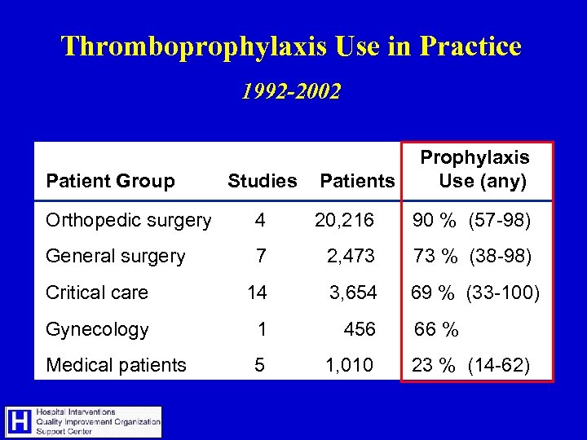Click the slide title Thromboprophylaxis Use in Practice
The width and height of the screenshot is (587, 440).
[x=291, y=46]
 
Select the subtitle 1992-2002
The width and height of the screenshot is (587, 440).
[x=291, y=91]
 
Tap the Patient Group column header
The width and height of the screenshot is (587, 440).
[x=110, y=181]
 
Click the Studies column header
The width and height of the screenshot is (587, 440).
[x=262, y=181]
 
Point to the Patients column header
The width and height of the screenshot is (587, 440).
[x=357, y=181]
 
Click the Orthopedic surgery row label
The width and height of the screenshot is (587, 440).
[x=129, y=220]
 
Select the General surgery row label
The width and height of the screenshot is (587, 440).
[x=116, y=256]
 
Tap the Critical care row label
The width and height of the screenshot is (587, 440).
[x=97, y=293]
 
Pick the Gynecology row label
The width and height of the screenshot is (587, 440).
[x=97, y=329]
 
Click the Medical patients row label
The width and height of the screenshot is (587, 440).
[x=116, y=365]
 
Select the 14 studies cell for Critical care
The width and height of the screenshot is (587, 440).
[x=258, y=293]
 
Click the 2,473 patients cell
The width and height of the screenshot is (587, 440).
[x=351, y=256]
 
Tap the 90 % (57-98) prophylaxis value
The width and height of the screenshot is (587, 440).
[x=472, y=220]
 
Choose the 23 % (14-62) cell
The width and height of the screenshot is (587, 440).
[x=471, y=365]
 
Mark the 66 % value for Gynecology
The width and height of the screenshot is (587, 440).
[x=437, y=329]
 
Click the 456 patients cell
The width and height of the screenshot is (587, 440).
[x=360, y=329]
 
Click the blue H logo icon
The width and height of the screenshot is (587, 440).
[x=20, y=422]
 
